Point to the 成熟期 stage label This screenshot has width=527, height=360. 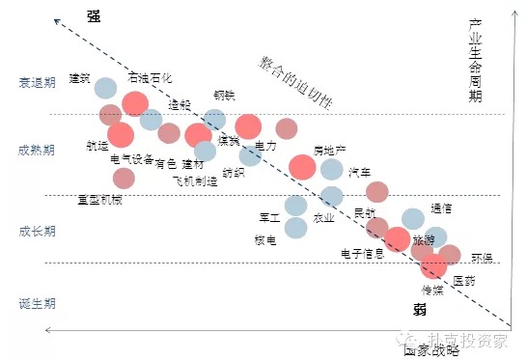(x=37, y=151)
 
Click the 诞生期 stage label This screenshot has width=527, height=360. (x=37, y=303)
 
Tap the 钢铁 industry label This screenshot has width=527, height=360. (x=224, y=96)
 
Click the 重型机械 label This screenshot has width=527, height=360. (x=100, y=200)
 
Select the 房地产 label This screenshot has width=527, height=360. (x=330, y=151)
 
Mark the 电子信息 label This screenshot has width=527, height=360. (x=363, y=254)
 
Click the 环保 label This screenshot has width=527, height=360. (x=482, y=258)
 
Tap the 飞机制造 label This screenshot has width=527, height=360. (x=195, y=180)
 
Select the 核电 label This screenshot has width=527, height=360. (x=265, y=239)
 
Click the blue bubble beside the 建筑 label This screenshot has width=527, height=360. (x=106, y=89)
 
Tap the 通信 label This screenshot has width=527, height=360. (x=442, y=208)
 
